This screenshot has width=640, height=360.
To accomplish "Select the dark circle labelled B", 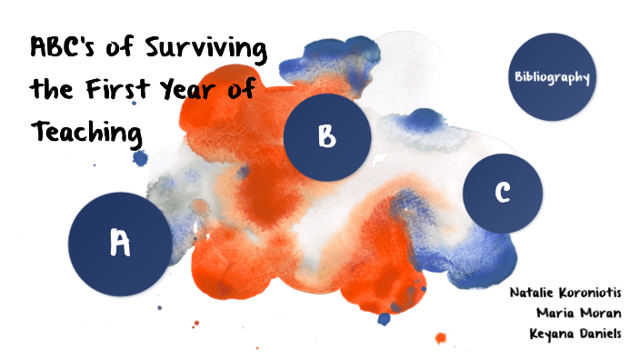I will (327, 136).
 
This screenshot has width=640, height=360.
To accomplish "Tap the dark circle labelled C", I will (502, 192).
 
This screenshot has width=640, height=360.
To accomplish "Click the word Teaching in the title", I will (86, 134).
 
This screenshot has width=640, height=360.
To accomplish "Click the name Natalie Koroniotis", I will (565, 294).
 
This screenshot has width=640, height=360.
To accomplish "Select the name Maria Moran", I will (578, 314).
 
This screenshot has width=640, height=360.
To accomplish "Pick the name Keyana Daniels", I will (575, 334).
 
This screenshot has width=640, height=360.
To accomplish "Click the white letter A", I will (120, 243).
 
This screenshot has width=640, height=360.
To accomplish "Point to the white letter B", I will (327, 136).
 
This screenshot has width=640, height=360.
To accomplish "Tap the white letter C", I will (502, 192).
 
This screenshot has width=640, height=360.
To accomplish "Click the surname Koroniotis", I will (589, 294).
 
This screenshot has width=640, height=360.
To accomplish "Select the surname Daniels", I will (597, 334).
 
